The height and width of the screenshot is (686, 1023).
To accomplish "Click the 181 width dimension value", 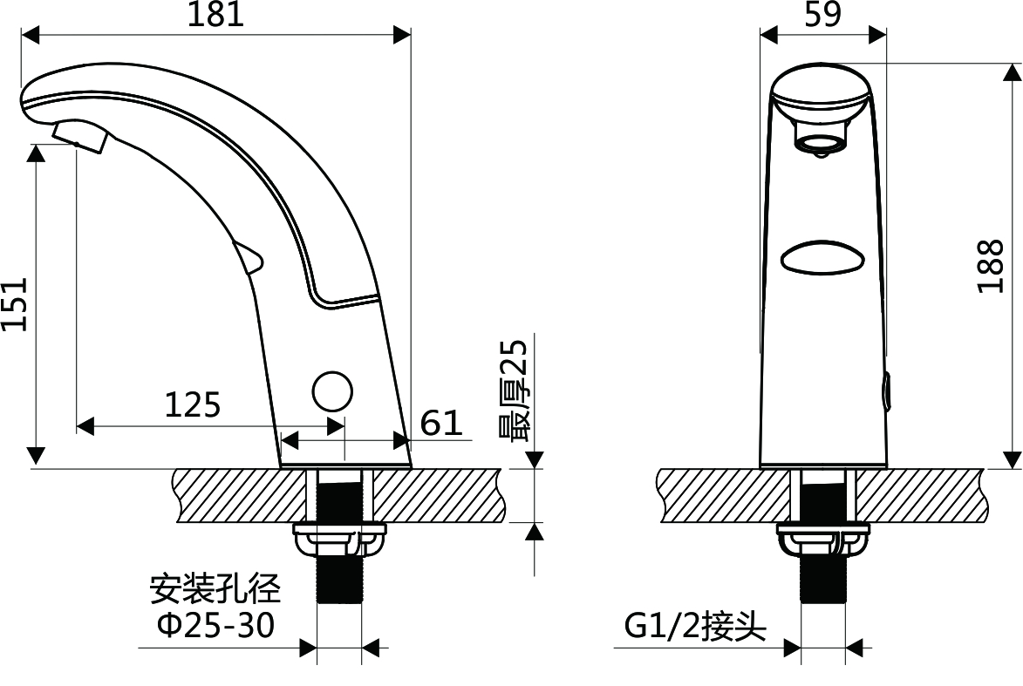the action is [215, 14].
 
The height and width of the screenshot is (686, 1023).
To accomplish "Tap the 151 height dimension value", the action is [14, 304].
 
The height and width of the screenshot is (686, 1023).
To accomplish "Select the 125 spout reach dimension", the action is [193, 404].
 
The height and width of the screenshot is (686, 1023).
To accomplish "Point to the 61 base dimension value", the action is [441, 423].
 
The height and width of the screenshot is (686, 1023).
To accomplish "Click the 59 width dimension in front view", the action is [822, 14].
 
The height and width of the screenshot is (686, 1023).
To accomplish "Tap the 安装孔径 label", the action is [215, 589].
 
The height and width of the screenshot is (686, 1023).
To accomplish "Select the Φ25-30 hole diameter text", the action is [216, 626].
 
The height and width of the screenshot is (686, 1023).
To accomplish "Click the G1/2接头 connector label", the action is [695, 627].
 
